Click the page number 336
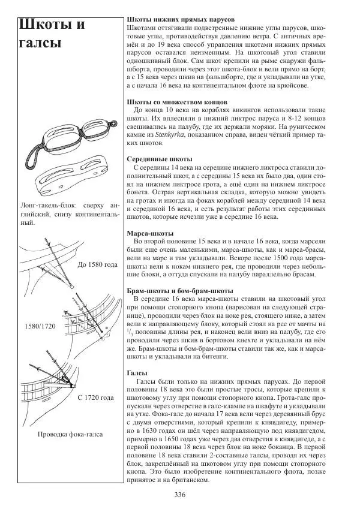(179, 494)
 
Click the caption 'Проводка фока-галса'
(70, 434)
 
